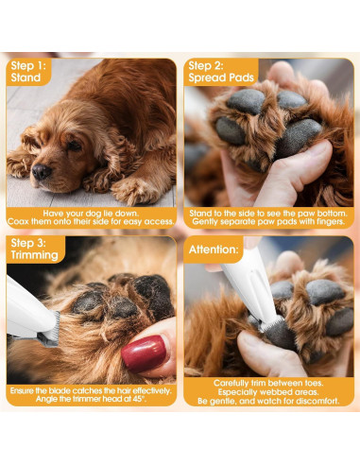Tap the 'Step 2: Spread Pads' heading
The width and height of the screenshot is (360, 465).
coord(219,72)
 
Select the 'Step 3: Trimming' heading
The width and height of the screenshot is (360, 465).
coord(33,250)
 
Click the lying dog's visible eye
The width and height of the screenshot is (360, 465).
coord(74,146)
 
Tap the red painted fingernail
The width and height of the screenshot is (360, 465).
coord(144,354)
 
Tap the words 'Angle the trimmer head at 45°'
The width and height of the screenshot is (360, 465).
coord(91,400)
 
